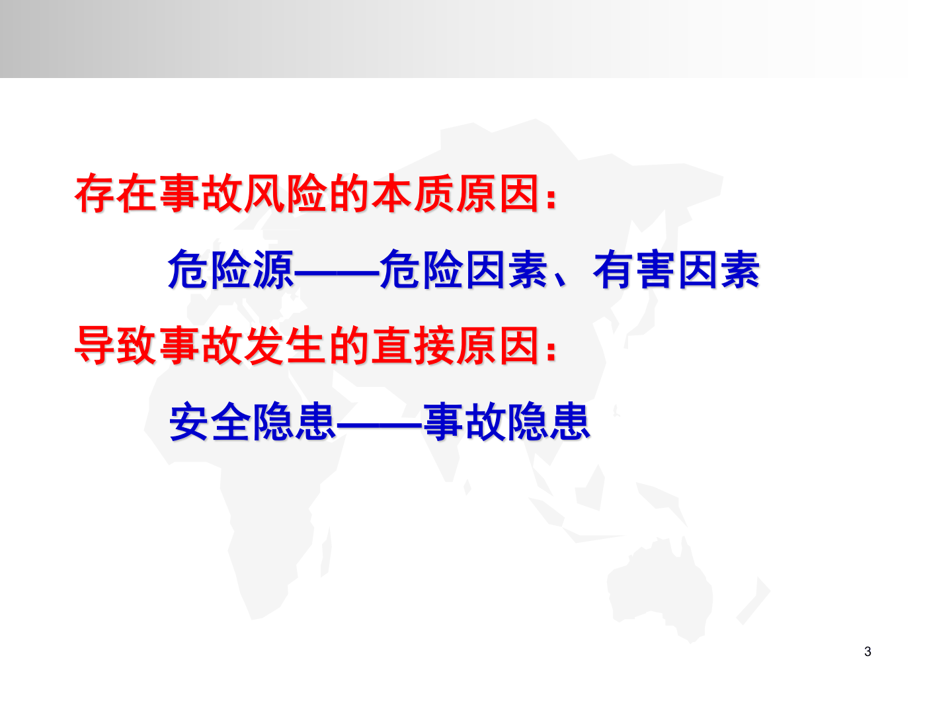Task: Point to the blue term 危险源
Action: (x=231, y=270)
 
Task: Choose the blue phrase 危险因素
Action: (x=463, y=270)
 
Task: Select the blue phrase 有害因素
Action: (x=676, y=270)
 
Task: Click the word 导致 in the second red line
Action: (x=116, y=345)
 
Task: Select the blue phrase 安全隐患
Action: (x=253, y=422)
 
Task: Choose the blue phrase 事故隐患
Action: (x=506, y=422)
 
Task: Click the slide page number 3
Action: (x=867, y=651)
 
